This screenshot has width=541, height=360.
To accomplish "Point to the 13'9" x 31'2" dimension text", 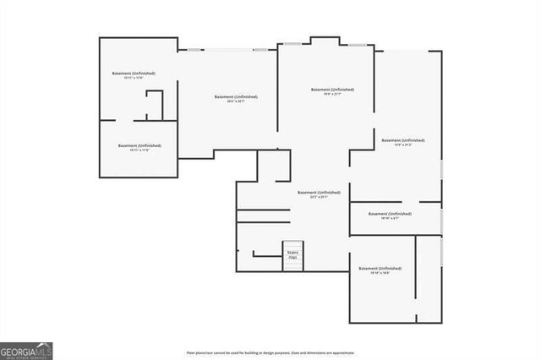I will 402,145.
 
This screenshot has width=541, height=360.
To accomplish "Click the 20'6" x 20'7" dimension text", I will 236,101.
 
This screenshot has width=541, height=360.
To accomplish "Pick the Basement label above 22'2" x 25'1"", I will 319,193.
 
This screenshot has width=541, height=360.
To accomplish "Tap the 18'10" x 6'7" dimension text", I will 390,219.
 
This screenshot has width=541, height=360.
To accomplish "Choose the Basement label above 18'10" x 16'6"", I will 380,269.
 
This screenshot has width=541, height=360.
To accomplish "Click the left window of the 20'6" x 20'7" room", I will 194,50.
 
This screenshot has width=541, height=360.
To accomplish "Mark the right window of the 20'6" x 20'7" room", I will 260,50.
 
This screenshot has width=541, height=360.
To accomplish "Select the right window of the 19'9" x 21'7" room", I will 358,44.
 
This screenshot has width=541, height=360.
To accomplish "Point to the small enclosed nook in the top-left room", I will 155,106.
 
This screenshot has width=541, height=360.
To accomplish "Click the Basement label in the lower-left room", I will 139,145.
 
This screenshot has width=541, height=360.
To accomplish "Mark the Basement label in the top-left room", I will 134,74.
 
